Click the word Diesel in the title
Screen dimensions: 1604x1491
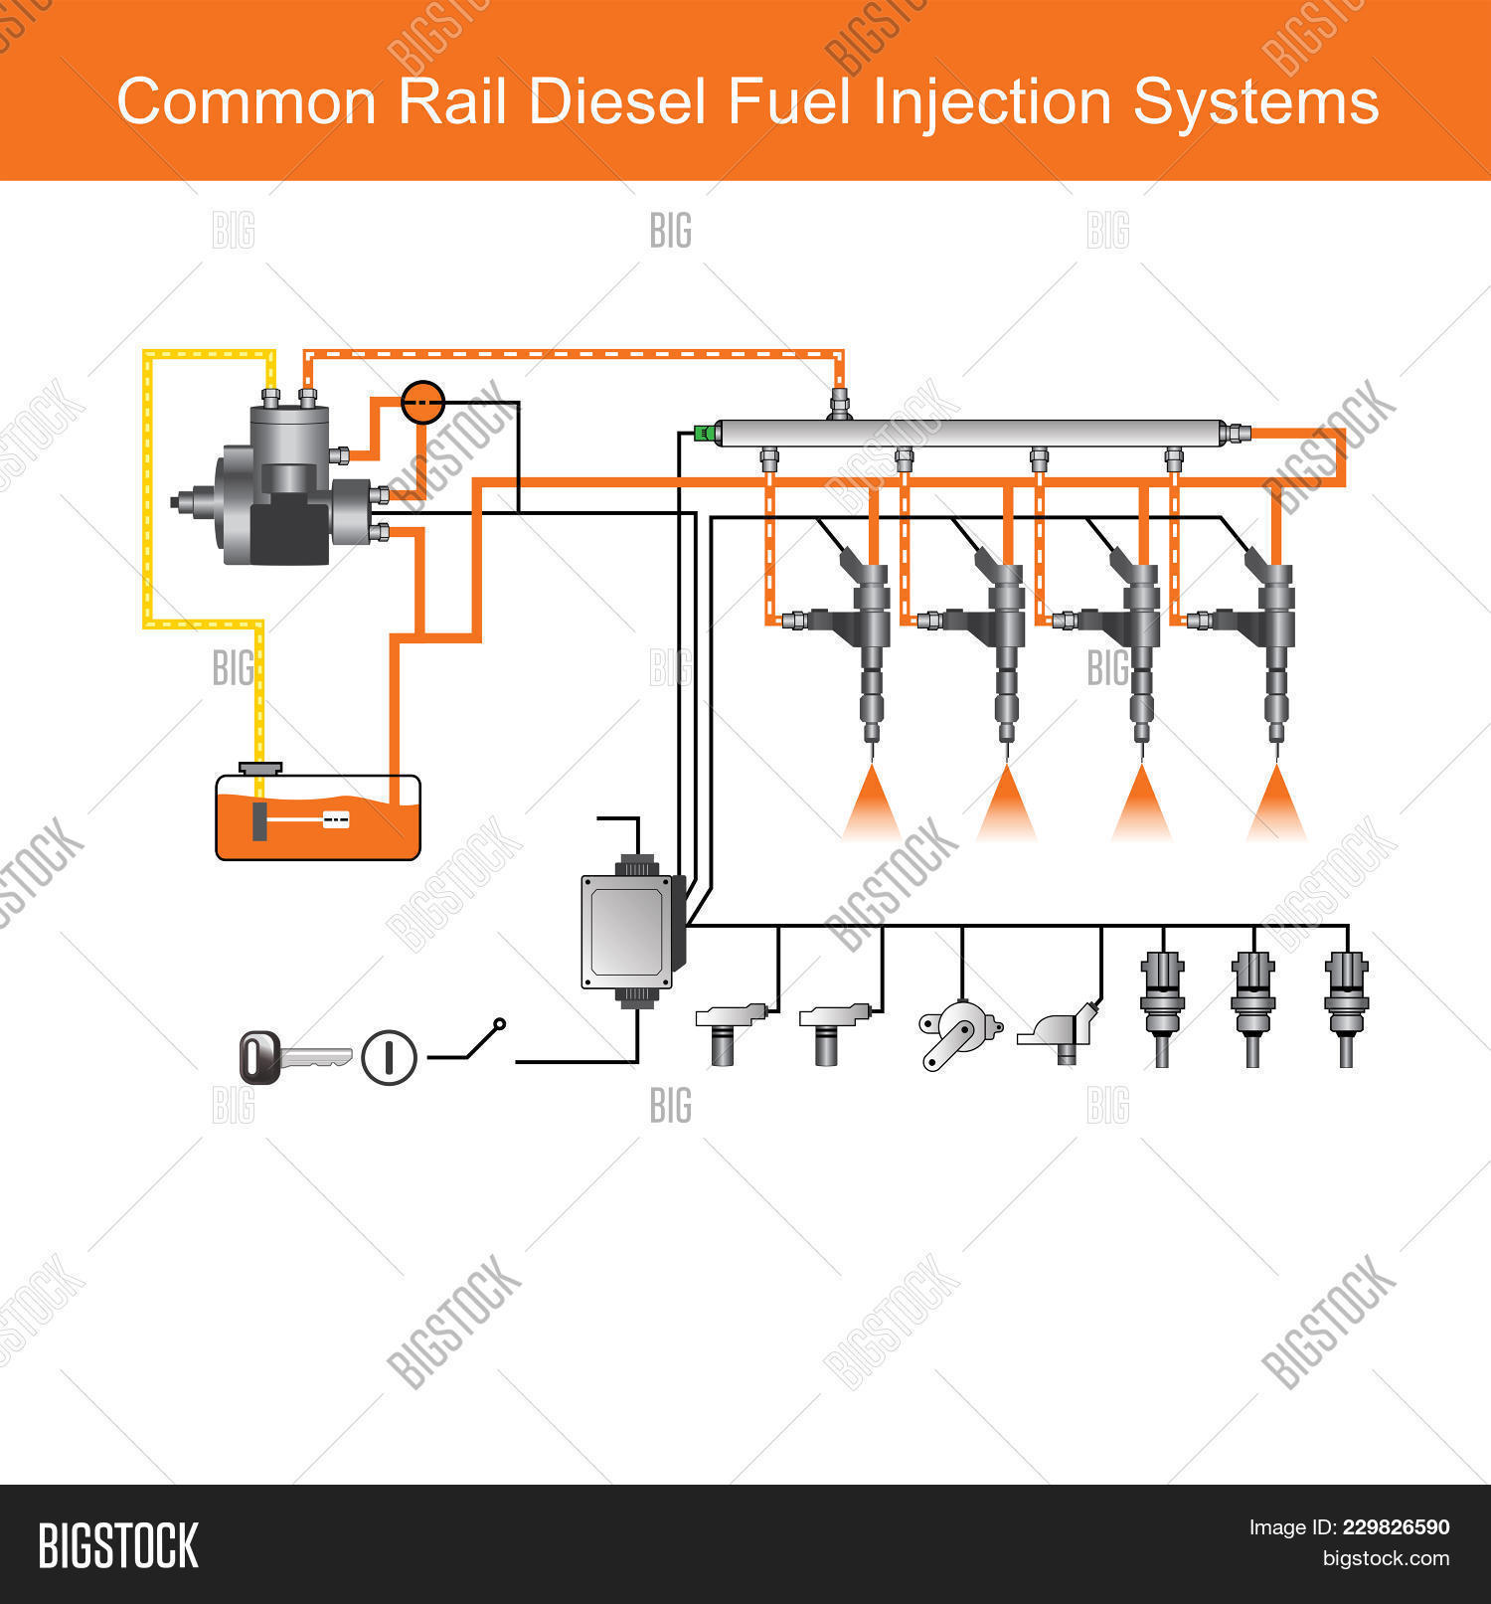(x=617, y=102)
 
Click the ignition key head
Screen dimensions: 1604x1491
(x=259, y=1057)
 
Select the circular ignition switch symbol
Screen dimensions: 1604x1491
(x=389, y=1057)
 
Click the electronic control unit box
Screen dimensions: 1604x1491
(x=629, y=932)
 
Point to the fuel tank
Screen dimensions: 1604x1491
(x=318, y=820)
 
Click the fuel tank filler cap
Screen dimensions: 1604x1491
(x=260, y=768)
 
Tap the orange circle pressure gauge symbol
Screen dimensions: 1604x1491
(x=422, y=402)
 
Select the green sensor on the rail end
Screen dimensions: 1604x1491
(x=705, y=432)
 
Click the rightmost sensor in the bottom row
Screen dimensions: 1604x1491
(x=1346, y=1004)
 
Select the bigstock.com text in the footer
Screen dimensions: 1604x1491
(x=1385, y=1558)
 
